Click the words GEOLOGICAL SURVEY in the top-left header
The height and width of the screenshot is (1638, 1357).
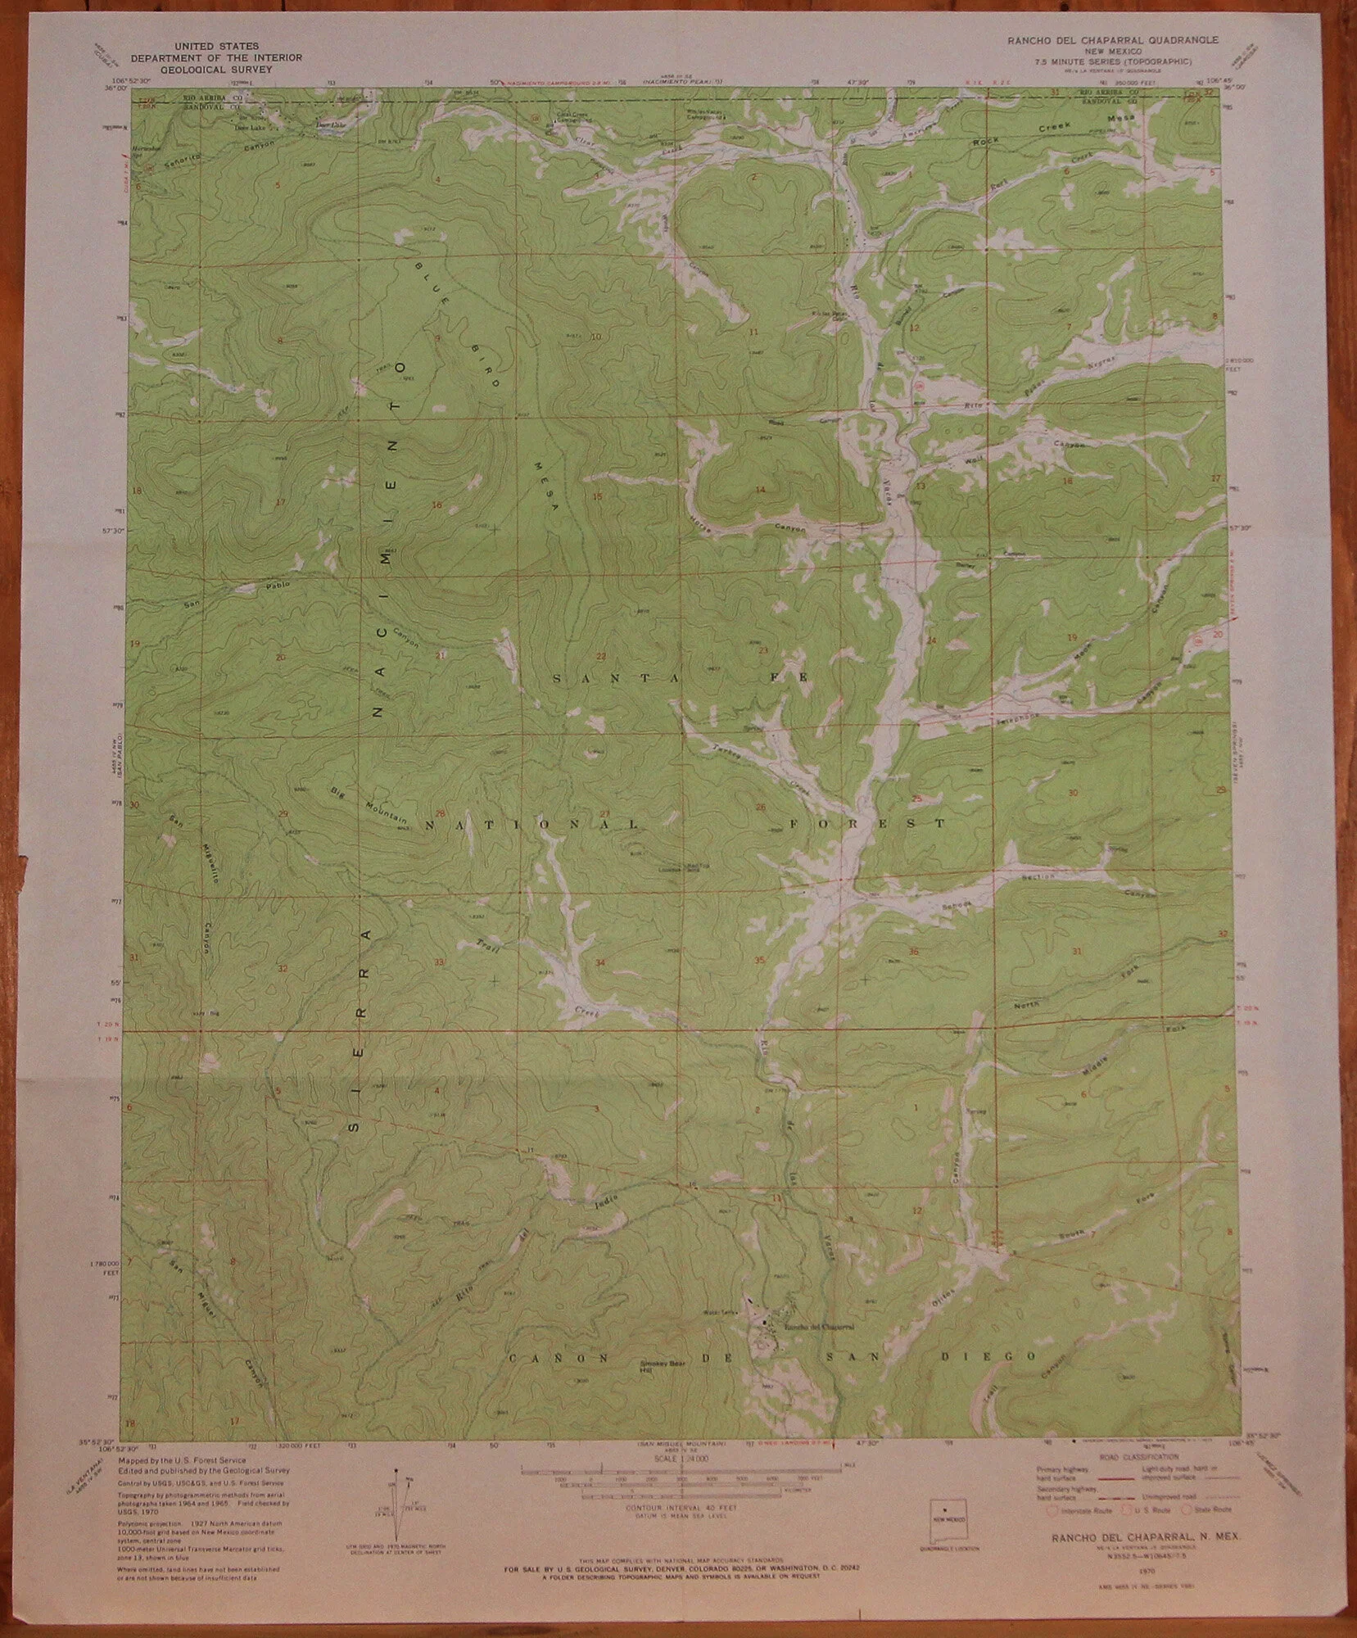tap(217, 70)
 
